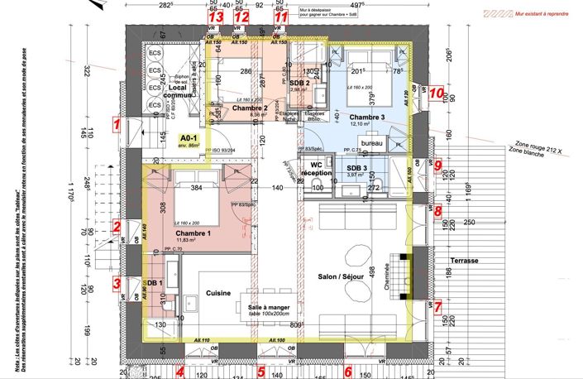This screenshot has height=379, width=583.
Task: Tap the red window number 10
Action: click(436, 94)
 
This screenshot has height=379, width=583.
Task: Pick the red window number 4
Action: click(179, 372)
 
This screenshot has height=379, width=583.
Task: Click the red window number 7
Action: click(438, 305)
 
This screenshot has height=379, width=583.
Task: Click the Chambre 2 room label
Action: click(250, 108)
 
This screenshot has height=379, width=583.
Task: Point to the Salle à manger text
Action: click(269, 307)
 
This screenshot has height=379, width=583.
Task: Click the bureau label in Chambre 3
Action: click(371, 143)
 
